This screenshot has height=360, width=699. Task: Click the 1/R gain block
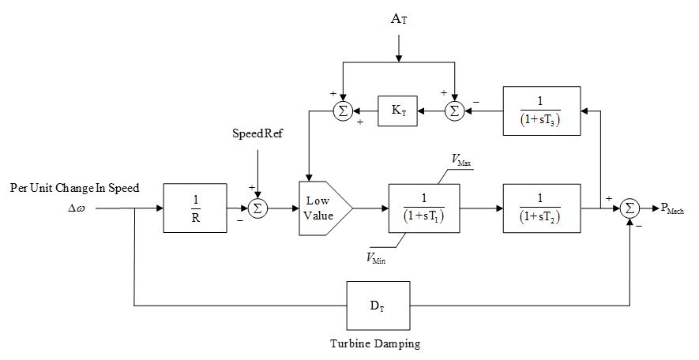click(194, 208)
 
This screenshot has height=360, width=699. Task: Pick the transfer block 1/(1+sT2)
click(541, 208)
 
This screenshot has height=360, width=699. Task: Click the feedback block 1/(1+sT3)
click(541, 111)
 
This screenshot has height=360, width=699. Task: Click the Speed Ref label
click(256, 134)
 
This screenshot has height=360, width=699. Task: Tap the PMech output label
click(673, 209)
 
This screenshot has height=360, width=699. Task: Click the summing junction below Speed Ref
click(257, 208)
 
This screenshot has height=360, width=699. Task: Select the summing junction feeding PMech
click(629, 208)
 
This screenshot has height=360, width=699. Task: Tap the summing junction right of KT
click(454, 111)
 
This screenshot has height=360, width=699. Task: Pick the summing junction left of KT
click(343, 111)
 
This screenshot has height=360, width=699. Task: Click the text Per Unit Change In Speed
click(75, 188)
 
